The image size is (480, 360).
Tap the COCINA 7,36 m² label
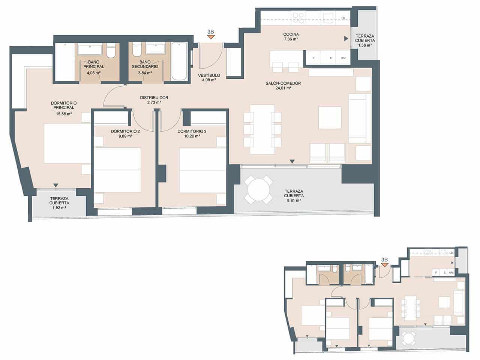(291, 36)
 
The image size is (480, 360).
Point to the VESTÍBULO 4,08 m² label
(209, 77)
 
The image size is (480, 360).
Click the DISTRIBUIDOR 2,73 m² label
(154, 100)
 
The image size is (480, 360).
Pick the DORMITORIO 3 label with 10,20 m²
(192, 134)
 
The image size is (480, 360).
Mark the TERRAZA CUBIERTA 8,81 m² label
(294, 196)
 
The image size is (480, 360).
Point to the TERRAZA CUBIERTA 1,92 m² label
(59, 202)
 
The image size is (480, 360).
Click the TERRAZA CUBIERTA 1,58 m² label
(365, 40)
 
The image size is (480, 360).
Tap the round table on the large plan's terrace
(259, 189)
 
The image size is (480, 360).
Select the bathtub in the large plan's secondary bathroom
(179, 61)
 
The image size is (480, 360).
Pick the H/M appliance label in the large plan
(343, 58)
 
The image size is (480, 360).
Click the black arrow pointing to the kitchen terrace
(346, 39)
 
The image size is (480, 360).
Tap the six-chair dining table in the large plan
(262, 129)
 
